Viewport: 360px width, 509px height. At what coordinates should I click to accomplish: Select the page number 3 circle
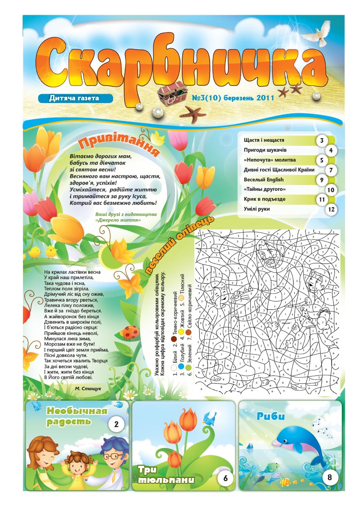click(x=321, y=140)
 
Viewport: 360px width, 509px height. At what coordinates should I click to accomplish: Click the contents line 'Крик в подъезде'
click(x=265, y=199)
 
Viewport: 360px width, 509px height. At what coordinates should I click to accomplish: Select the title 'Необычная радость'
click(x=76, y=416)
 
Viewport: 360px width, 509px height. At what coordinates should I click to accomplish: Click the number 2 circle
click(x=117, y=424)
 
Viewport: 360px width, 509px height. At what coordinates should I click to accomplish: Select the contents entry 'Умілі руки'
click(x=258, y=209)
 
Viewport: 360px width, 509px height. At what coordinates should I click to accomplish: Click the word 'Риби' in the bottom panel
click(x=271, y=417)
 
